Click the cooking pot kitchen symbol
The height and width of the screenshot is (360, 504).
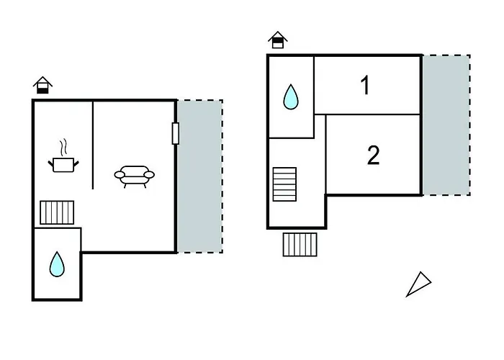pos(63,165)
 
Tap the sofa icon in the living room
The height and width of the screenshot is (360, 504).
pos(135,175)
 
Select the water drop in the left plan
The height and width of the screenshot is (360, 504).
pos(57,266)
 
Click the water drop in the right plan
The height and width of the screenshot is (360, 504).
pos(291,96)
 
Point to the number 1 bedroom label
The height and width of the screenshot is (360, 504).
pos(366,86)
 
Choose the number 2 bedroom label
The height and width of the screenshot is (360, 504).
pos(373,155)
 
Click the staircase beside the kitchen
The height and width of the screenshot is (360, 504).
pos(58,212)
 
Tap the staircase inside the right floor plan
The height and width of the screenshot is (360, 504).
pos(284,185)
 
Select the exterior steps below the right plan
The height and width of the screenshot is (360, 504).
pos(300,244)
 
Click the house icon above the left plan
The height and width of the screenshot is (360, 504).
pos(43,86)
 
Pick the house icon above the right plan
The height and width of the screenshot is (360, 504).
pos(277,40)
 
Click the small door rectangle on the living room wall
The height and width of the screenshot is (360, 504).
pos(175,133)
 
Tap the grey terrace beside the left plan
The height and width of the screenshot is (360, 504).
pos(199,176)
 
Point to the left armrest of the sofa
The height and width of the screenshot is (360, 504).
pos(118,174)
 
